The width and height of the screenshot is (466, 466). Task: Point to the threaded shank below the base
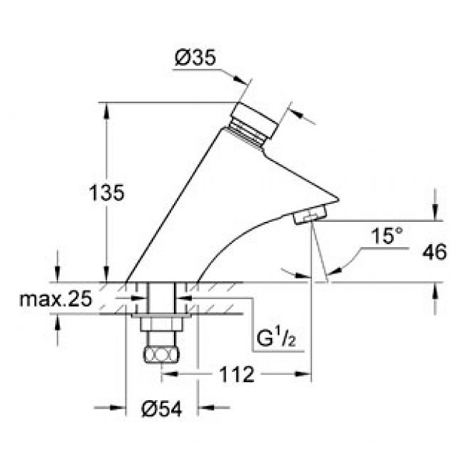click(161, 300)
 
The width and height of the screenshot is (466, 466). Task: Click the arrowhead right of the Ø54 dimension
click(204, 406)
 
